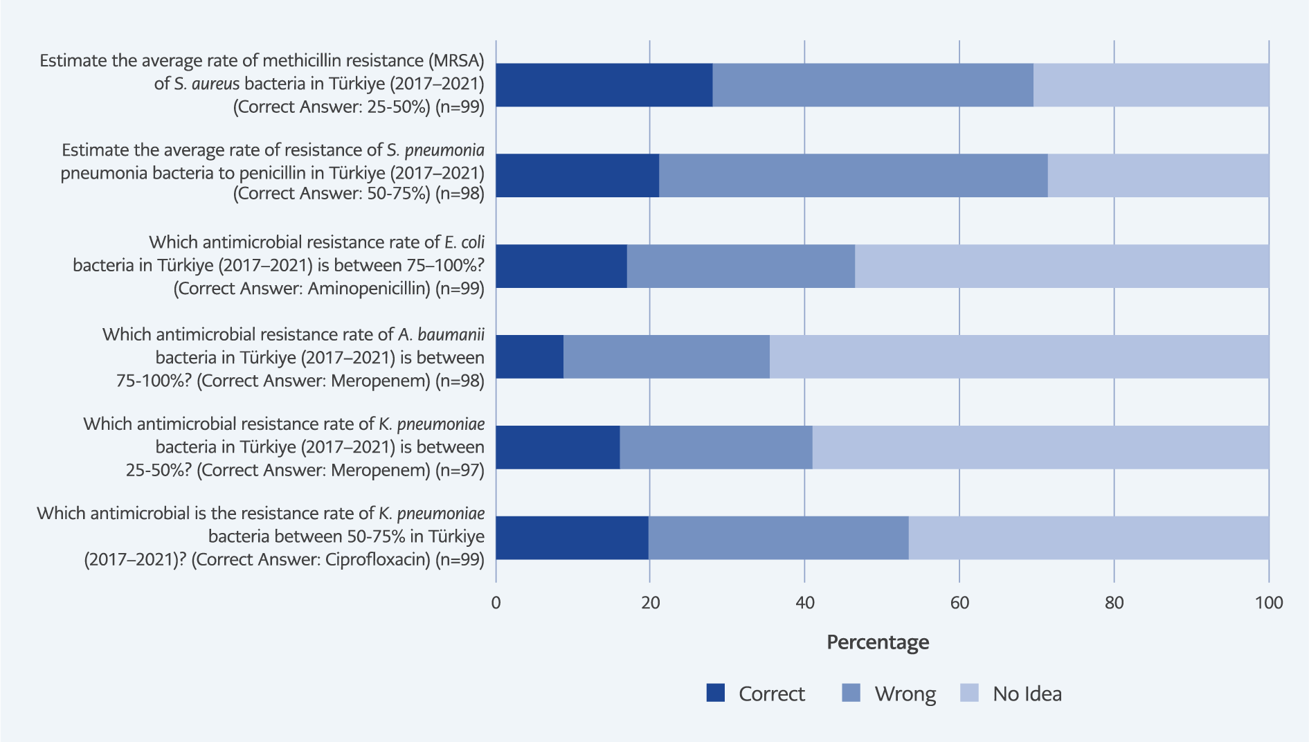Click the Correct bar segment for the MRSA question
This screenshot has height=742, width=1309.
coord(604,85)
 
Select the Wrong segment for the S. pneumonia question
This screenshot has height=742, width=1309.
coord(853,175)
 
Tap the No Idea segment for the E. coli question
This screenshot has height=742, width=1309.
coord(1062,266)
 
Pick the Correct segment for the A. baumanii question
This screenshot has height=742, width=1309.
coord(530,356)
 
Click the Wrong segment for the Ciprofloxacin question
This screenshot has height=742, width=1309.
coord(778,538)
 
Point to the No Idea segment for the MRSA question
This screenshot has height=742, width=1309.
coord(1150,85)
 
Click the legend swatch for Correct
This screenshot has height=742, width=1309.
coord(715,693)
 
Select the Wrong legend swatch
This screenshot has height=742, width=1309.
coord(851,693)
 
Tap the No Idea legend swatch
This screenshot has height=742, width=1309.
coord(969,693)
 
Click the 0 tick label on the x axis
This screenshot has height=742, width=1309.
coord(496,603)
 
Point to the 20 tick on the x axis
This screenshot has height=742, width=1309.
coord(650,603)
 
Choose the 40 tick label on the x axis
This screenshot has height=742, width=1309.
coord(804,603)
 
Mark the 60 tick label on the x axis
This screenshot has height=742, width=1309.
coord(959,603)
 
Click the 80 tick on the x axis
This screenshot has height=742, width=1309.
coord(1114,603)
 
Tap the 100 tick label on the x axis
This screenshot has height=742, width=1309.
coord(1268,603)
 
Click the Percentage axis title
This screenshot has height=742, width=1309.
coord(878,642)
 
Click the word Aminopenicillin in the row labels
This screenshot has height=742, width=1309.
coord(368,289)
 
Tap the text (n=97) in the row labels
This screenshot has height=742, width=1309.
coord(460,471)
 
